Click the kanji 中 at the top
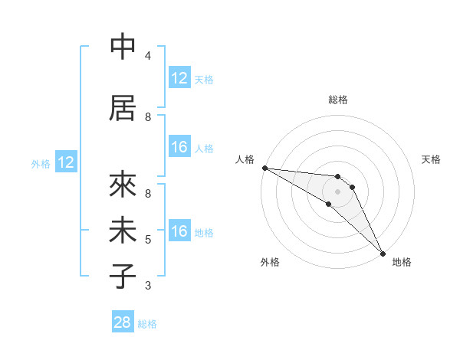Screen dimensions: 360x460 coord(123,47)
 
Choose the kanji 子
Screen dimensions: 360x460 coord(123,276)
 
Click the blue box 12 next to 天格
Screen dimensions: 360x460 coord(179,78)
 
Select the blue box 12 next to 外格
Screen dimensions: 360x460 coord(66,162)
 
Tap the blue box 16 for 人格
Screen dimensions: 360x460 coord(179,147)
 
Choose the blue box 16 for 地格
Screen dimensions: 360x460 coord(179,231)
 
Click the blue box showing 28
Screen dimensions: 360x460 coord(123,322)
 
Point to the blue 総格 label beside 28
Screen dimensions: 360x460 coord(147,324)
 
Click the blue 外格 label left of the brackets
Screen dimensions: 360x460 coord(41,163)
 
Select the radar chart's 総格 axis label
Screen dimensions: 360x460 coord(338,100)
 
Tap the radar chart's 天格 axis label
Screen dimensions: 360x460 coord(432,159)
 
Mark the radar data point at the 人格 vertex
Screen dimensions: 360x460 coord(264,168)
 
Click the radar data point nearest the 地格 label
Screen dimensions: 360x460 coord(383,253)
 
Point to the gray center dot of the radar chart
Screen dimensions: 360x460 coord(338,191)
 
